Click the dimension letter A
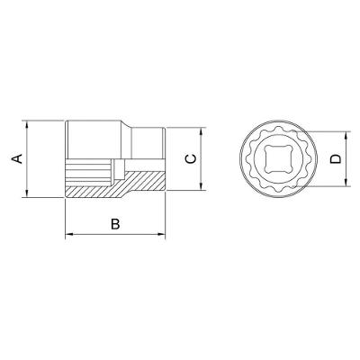(17, 158)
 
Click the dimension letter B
(115, 224)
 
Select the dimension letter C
(191, 159)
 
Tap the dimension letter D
(336, 159)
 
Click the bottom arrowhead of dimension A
(27, 193)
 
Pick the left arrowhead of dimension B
(69, 234)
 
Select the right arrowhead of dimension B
(161, 234)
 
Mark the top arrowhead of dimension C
(201, 132)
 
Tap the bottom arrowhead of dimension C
(201, 186)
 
